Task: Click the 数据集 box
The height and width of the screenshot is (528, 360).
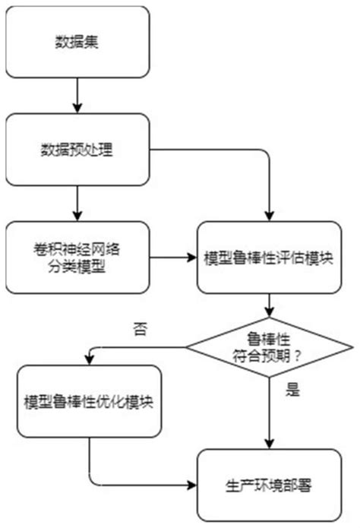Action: click(x=77, y=41)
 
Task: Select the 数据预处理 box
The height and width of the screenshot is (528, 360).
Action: click(x=77, y=150)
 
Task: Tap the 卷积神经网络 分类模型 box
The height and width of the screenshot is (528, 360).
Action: click(x=77, y=258)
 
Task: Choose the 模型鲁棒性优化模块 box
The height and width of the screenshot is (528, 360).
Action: click(x=89, y=402)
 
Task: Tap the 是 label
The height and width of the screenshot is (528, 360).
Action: click(x=292, y=392)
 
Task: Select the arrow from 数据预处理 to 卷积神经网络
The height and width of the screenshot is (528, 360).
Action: click(x=77, y=204)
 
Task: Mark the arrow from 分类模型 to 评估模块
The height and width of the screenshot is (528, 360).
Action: click(x=175, y=258)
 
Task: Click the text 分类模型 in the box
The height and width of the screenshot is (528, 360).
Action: click(x=77, y=267)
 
